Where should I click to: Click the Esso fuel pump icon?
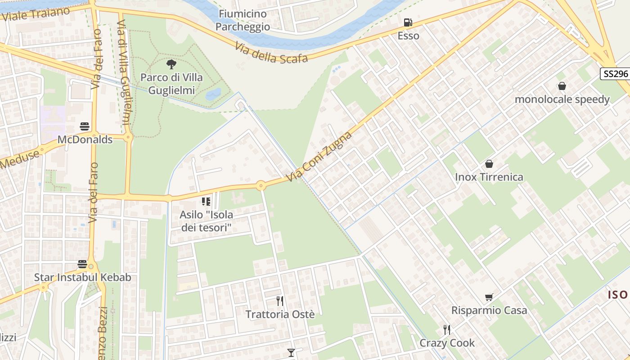tap(407, 22)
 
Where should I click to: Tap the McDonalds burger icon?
tap(85, 126)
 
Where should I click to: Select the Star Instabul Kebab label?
tap(83, 277)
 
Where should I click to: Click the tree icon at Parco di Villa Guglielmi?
tap(171, 64)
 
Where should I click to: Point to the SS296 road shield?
tap(615, 74)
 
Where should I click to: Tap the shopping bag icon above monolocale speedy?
tap(562, 86)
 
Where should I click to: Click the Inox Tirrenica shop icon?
tap(489, 164)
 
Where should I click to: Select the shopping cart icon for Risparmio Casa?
tap(489, 297)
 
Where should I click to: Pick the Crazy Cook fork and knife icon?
tap(446, 330)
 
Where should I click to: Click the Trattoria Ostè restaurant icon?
tap(280, 301)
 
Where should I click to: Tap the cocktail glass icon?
tap(291, 353)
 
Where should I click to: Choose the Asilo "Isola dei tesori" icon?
tap(206, 202)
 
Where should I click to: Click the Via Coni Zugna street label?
tap(319, 156)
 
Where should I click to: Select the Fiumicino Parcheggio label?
tap(243, 20)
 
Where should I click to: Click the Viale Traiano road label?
tap(36, 14)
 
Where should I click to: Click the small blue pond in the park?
tap(213, 94)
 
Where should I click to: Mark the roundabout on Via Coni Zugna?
tap(261, 185)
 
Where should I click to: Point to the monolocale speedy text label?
tap(562, 99)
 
